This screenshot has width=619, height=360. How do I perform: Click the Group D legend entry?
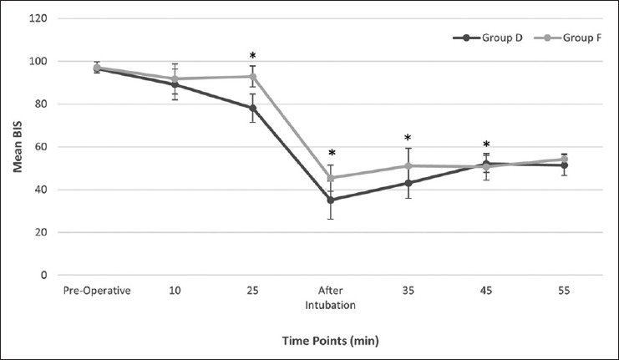[488, 38]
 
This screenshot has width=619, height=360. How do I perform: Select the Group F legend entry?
[568, 38]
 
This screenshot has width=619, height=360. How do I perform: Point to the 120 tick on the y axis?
[38, 18]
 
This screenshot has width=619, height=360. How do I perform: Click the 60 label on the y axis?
[41, 147]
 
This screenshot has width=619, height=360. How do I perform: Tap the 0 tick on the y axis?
[43, 275]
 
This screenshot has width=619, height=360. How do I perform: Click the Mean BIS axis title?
[18, 147]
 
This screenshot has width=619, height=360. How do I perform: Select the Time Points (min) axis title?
[331, 340]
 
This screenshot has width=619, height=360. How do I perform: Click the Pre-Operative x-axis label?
[97, 291]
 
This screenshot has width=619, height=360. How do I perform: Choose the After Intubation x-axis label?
[331, 298]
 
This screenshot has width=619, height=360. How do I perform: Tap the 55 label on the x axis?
[564, 291]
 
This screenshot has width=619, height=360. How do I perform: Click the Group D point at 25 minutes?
[252, 108]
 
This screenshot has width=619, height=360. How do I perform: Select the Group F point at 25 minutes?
[252, 76]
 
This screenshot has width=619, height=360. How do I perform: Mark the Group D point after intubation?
[331, 200]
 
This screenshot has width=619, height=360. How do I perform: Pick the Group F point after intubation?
[331, 178]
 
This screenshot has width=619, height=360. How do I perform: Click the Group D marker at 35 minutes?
[408, 183]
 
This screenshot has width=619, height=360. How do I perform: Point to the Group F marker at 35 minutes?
[408, 165]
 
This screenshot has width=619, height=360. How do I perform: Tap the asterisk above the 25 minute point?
[252, 55]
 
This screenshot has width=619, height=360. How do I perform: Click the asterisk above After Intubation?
[332, 153]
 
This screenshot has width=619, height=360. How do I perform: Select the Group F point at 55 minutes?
[564, 160]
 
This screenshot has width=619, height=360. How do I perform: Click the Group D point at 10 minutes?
[175, 84]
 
